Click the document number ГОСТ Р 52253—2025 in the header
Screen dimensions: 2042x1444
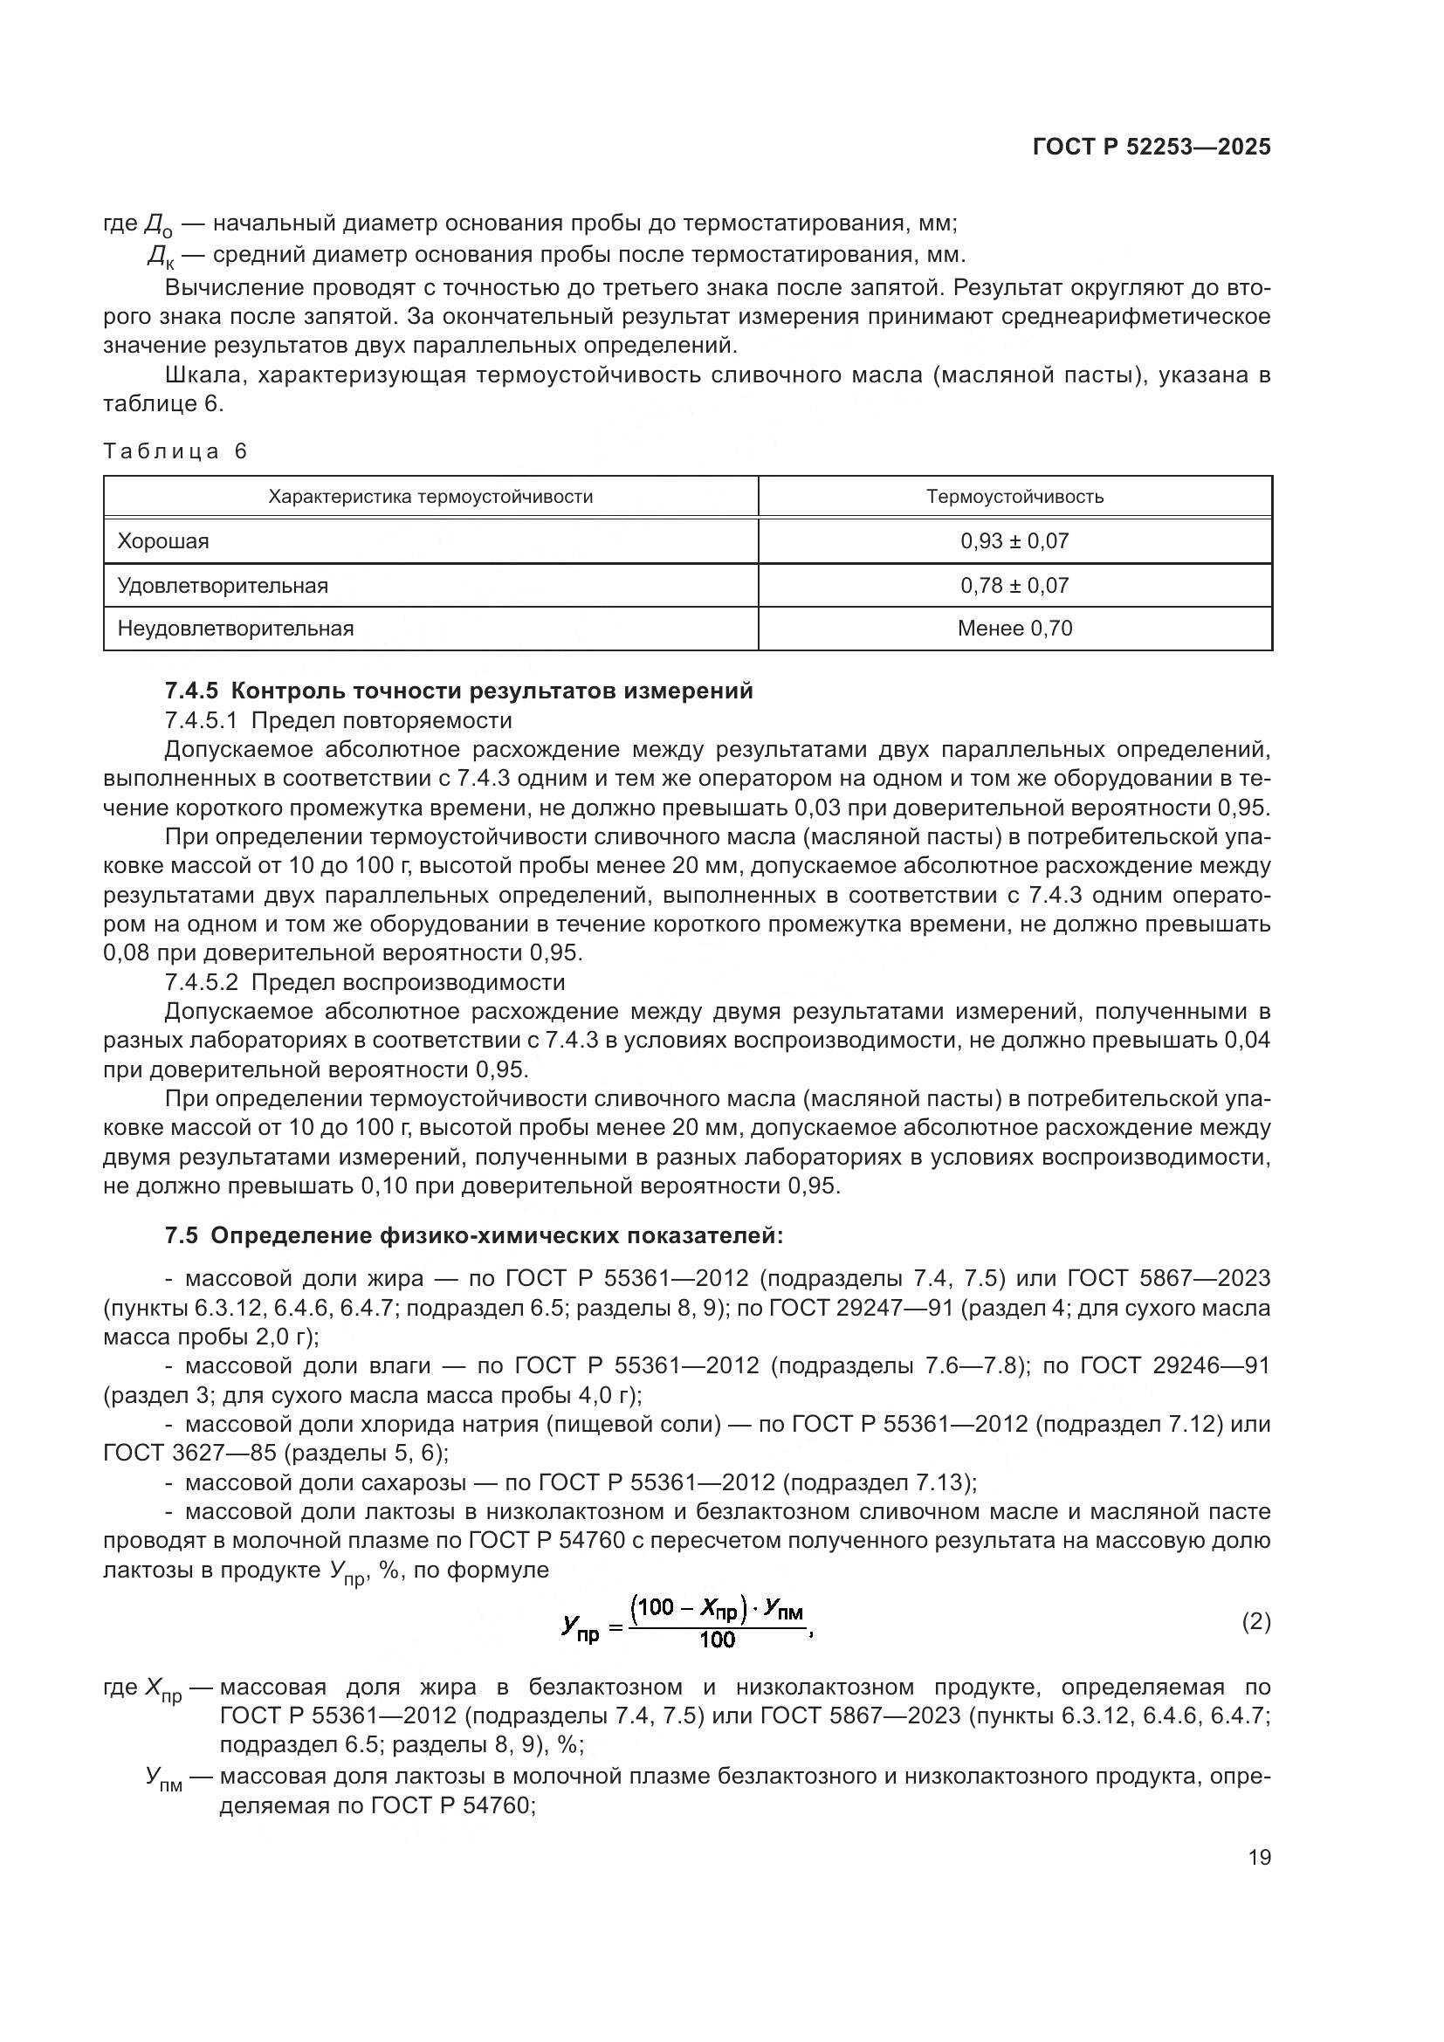tap(1152, 147)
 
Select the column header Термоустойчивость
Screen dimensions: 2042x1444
tap(1014, 496)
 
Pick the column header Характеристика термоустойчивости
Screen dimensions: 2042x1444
tap(430, 496)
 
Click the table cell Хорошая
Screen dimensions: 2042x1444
tap(163, 540)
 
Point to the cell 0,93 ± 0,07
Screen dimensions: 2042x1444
tap(1014, 540)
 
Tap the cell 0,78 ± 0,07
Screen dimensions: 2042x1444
tap(1014, 585)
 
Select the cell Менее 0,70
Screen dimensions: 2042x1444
tap(1014, 629)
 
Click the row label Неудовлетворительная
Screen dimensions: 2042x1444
tap(236, 629)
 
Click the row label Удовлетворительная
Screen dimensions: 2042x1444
tap(223, 585)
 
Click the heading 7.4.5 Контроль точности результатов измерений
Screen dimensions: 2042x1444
tap(459, 691)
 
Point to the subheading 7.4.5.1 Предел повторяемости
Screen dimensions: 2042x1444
tap(339, 719)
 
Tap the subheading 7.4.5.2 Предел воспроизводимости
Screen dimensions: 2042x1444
tap(365, 982)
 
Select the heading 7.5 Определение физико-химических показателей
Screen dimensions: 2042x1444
tap(474, 1235)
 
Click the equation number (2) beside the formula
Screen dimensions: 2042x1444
tap(1255, 1621)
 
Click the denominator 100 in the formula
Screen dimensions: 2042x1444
tap(718, 1640)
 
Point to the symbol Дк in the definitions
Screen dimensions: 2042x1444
tap(161, 257)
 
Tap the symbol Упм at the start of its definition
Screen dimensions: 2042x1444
tap(163, 1778)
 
